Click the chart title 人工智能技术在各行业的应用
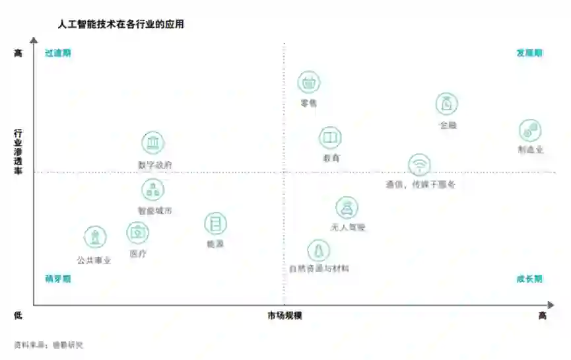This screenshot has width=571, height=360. [x=121, y=25]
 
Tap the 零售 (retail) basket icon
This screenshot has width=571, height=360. [x=309, y=83]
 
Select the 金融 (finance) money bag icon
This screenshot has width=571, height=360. [x=447, y=104]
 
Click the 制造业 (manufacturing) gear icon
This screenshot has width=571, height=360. [x=529, y=130]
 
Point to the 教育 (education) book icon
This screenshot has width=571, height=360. [x=330, y=138]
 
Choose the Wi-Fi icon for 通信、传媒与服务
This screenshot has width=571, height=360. [x=419, y=164]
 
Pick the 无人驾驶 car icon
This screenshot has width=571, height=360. [x=347, y=207]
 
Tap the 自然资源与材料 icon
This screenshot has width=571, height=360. [x=319, y=250]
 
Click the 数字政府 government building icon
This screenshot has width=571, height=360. [x=153, y=143]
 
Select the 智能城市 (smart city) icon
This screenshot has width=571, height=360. [x=153, y=190]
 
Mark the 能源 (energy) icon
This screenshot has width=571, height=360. [x=215, y=224]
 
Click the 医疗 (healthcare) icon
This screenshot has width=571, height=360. [x=137, y=233]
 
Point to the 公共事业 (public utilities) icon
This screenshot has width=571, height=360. [x=95, y=237]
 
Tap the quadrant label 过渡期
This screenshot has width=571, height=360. [x=58, y=54]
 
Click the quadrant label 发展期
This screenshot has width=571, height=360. [x=529, y=54]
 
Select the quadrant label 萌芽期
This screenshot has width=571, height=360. [x=58, y=279]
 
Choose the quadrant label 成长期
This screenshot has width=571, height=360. [x=529, y=279]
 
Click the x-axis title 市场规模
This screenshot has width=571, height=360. [x=285, y=316]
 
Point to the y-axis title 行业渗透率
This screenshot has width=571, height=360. [x=18, y=151]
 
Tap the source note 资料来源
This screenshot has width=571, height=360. [x=48, y=345]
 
